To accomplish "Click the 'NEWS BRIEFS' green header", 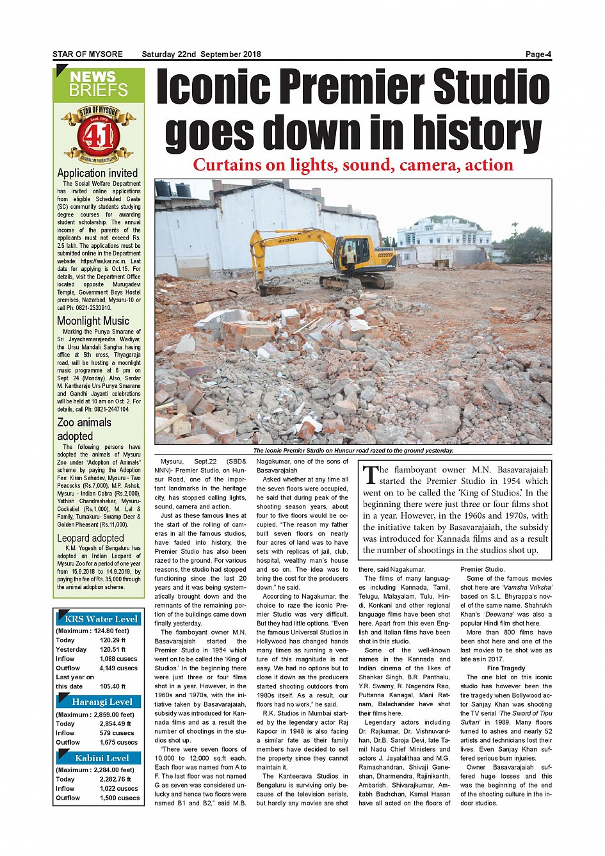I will tap(99, 84).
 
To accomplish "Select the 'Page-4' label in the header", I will tap(538, 54).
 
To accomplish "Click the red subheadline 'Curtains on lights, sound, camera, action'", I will tap(353, 165).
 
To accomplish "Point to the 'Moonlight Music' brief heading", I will tap(93, 321).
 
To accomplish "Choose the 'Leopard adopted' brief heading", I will tap(90, 538).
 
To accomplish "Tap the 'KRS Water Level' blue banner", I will tap(101, 619).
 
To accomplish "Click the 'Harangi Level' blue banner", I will tap(101, 702).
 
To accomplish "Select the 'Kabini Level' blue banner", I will tap(101, 758).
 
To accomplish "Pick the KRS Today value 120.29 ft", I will tap(113, 640).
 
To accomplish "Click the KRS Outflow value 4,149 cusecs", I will tap(118, 668).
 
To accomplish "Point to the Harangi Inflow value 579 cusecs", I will tap(117, 733).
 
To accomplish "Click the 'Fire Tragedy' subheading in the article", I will tap(506, 668).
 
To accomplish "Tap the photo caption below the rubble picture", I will tap(353, 451).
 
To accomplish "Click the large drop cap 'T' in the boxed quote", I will tap(370, 474).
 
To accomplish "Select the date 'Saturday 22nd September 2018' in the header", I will tap(201, 54).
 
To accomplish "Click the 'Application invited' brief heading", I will tap(97, 173).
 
